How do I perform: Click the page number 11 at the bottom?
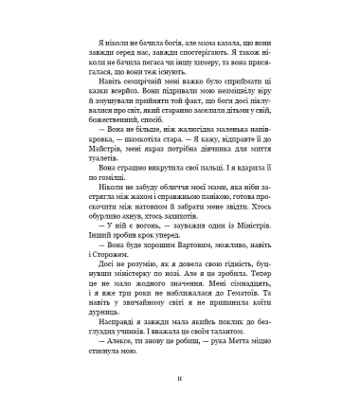coord(179,384)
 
